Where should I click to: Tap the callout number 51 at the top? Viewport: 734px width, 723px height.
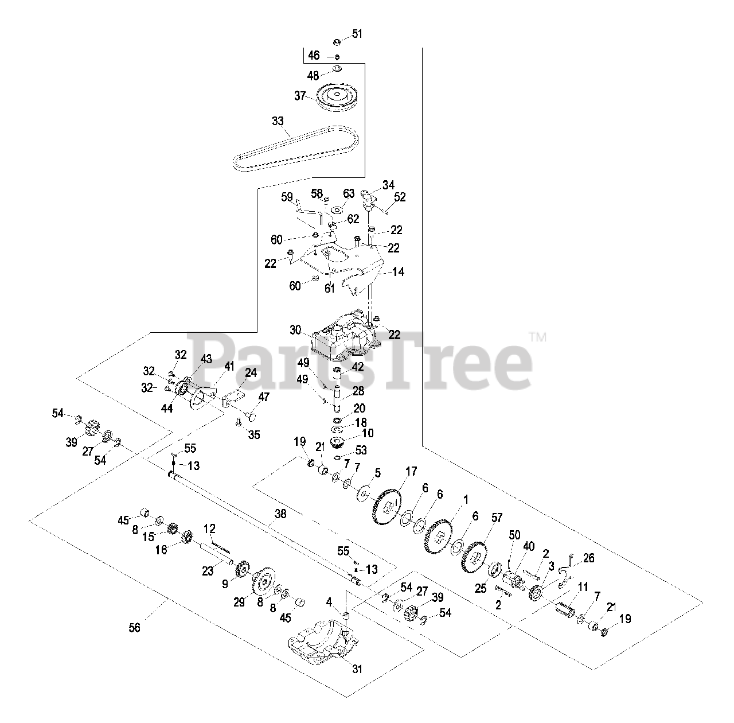[x=357, y=34]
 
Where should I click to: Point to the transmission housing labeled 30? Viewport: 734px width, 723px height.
[x=344, y=336]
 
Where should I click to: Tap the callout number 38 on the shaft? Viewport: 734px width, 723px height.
[x=280, y=515]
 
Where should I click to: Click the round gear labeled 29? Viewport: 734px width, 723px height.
[x=263, y=585]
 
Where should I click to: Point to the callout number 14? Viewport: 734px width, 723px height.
[x=397, y=271]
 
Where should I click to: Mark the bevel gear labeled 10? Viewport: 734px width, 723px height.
[x=336, y=442]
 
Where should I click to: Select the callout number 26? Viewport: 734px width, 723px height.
[x=589, y=558]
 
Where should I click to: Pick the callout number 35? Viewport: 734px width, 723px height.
[x=253, y=435]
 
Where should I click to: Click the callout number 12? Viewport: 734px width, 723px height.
[x=209, y=527]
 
